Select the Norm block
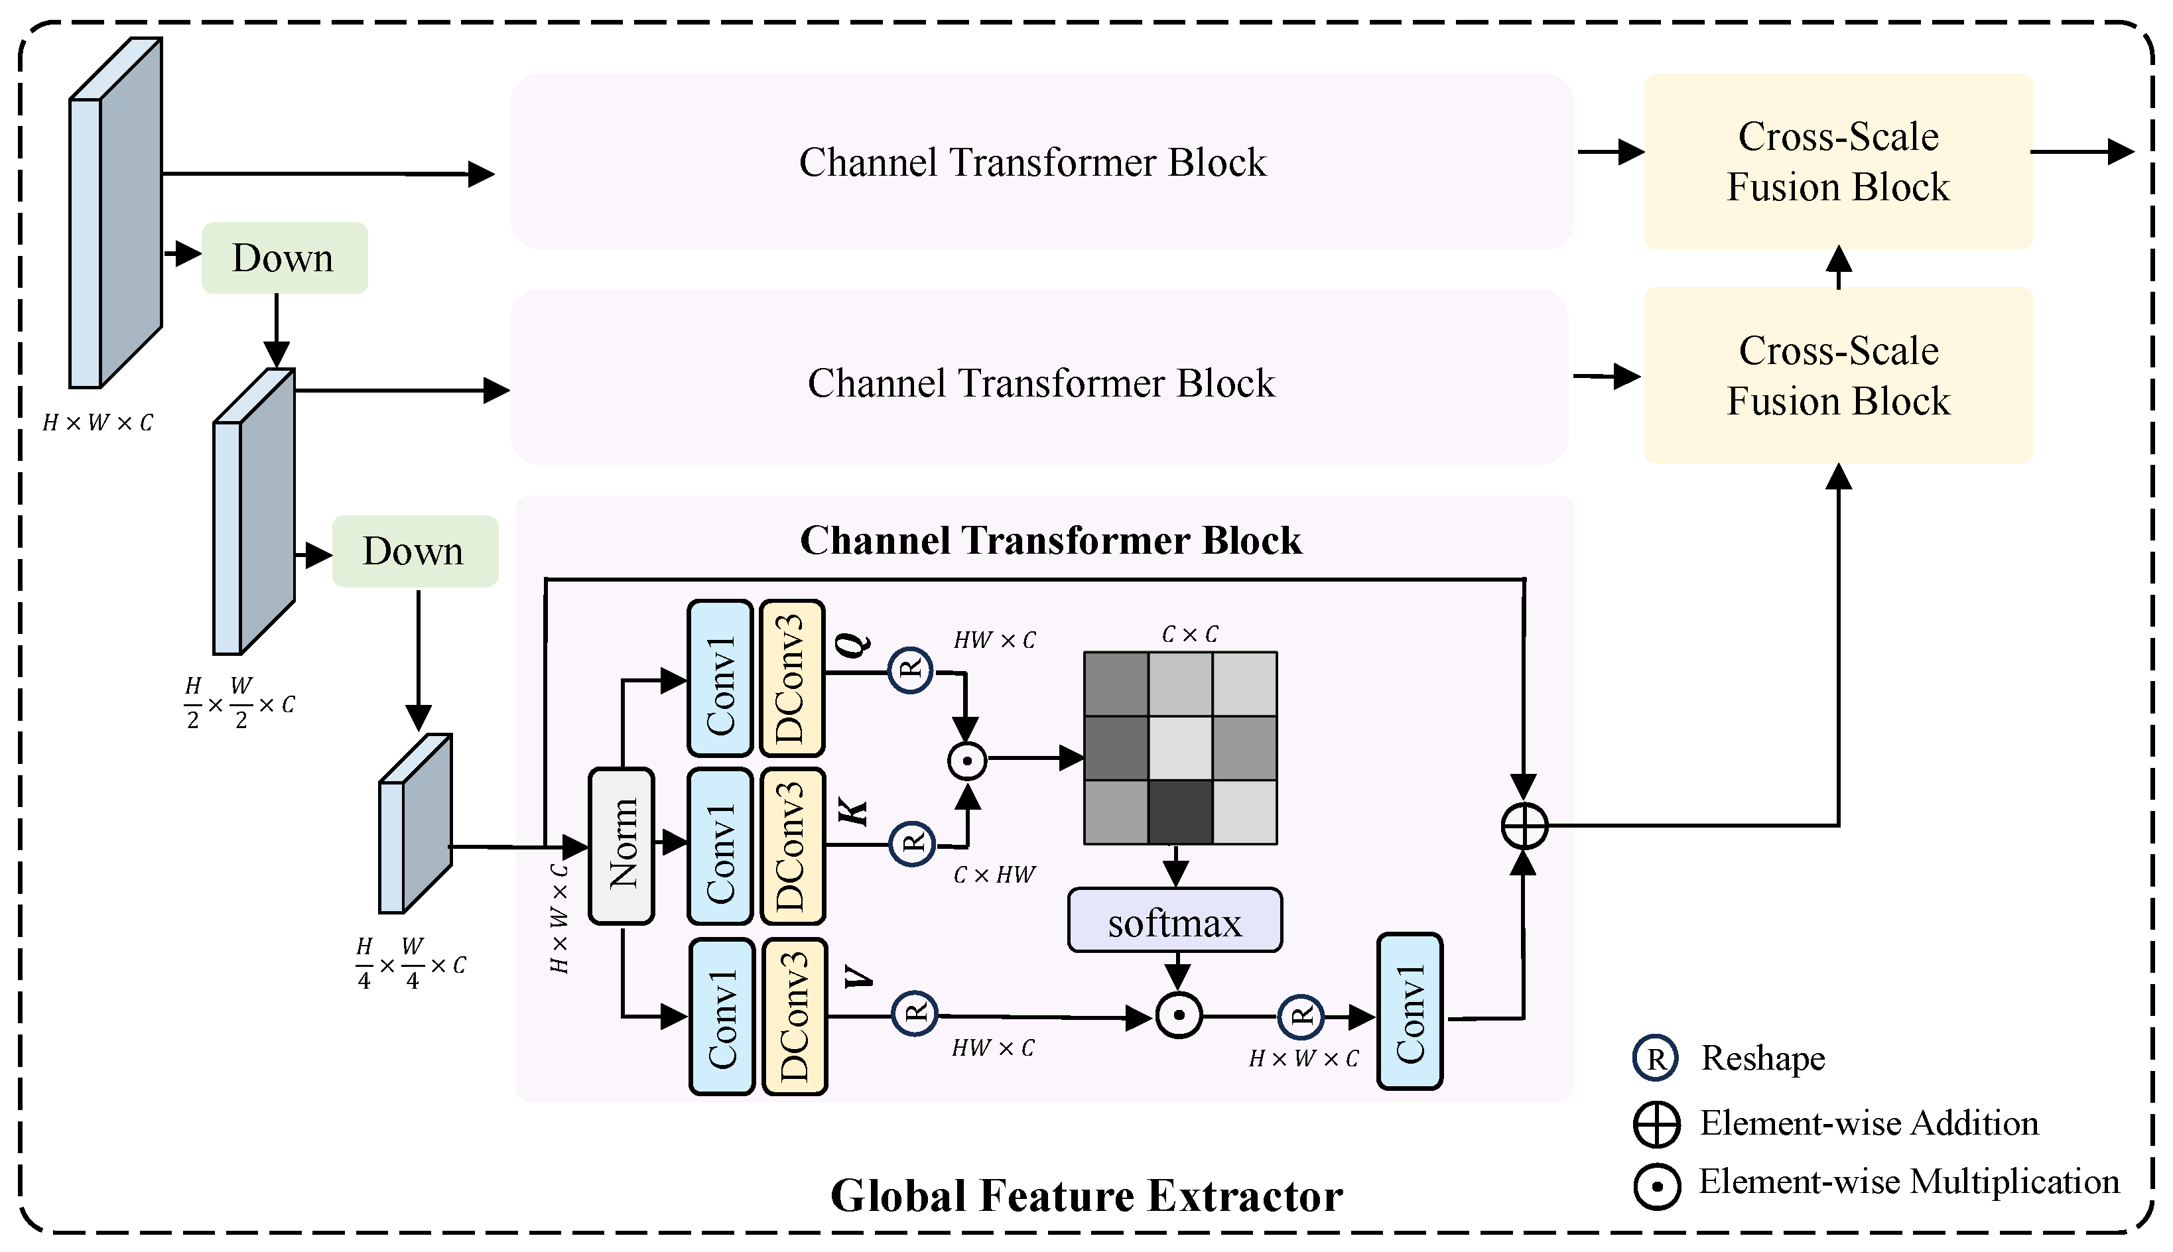point(622,846)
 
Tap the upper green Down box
point(285,258)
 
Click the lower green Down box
point(415,551)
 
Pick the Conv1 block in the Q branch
point(720,678)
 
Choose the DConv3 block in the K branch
point(792,846)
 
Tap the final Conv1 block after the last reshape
point(1410,1011)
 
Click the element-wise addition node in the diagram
point(1524,826)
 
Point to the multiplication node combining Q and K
point(967,760)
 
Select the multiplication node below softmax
point(1179,1015)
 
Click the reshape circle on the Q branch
point(911,670)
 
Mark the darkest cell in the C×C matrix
point(1181,812)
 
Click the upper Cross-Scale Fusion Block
point(1837,162)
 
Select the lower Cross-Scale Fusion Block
point(1837,376)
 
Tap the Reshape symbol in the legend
point(1656,1058)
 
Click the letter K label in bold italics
point(855,811)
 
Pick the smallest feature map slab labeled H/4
point(416,823)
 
